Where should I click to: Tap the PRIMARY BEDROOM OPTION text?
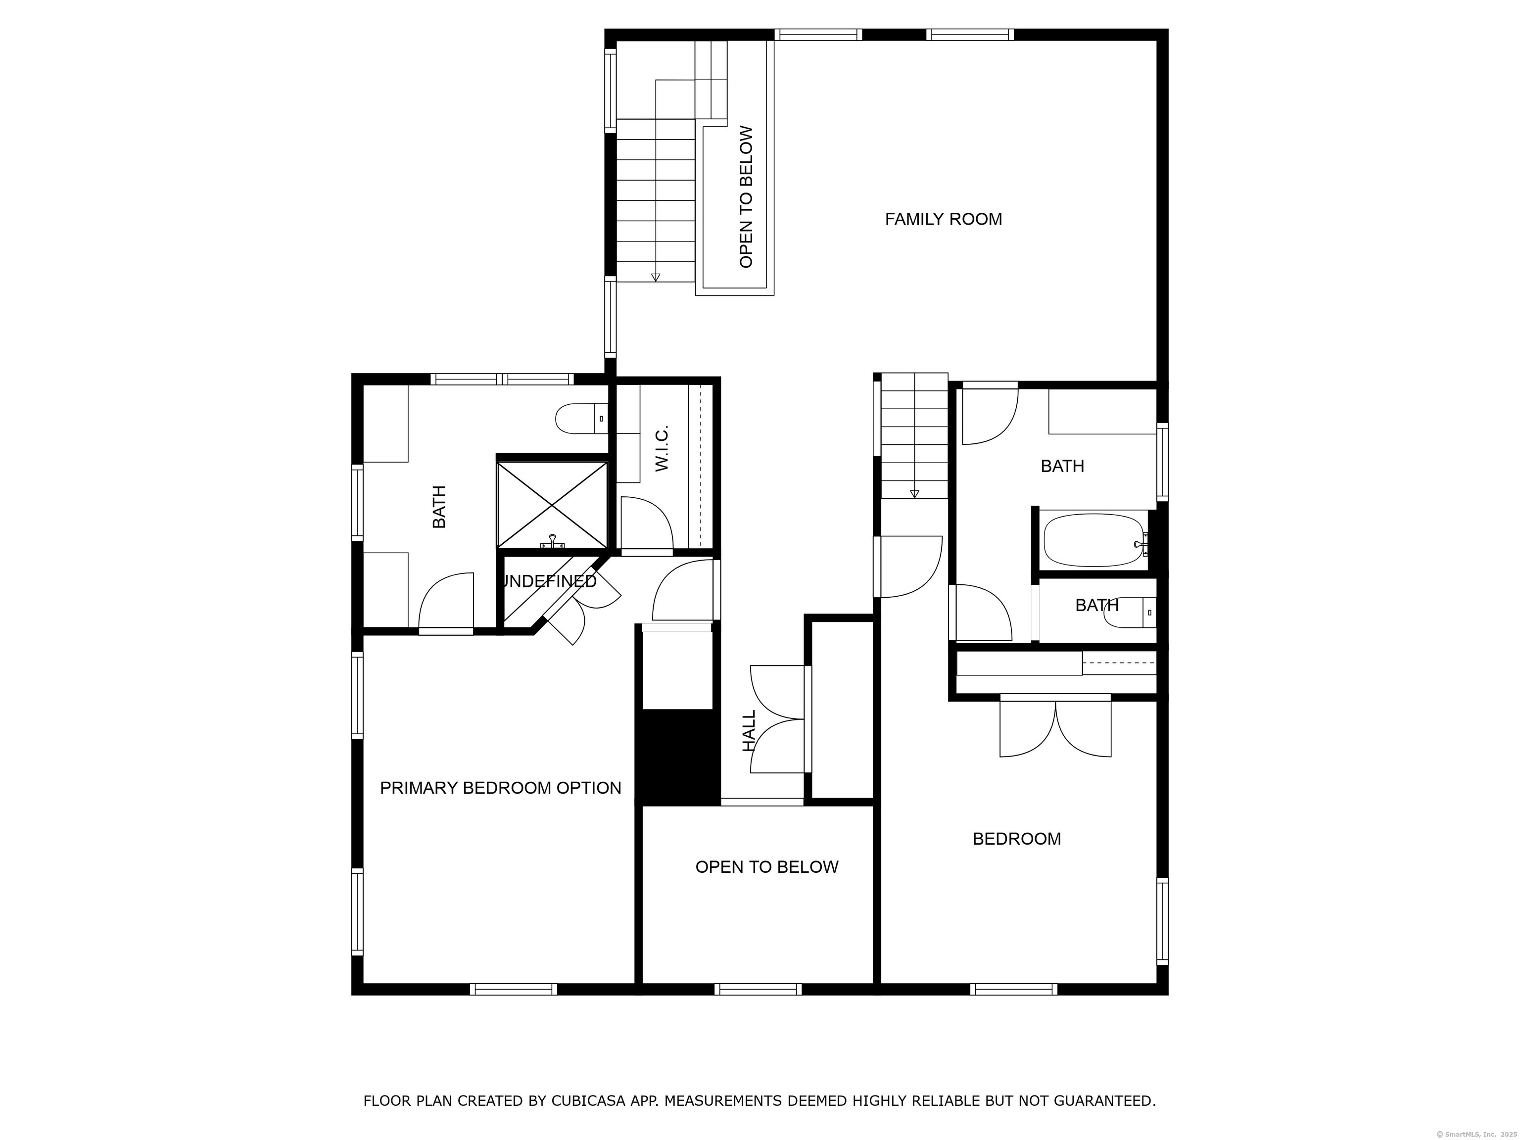coord(500,788)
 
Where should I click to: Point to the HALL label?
coord(749,730)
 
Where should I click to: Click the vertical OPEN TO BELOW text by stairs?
coord(746,197)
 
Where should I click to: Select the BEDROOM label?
coord(1016,839)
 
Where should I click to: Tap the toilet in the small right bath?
coord(1127,613)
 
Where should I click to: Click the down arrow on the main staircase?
coord(656,277)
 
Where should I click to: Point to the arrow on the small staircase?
coord(914,493)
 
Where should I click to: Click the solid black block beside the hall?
coord(677,756)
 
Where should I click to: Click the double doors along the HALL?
coord(778,719)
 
